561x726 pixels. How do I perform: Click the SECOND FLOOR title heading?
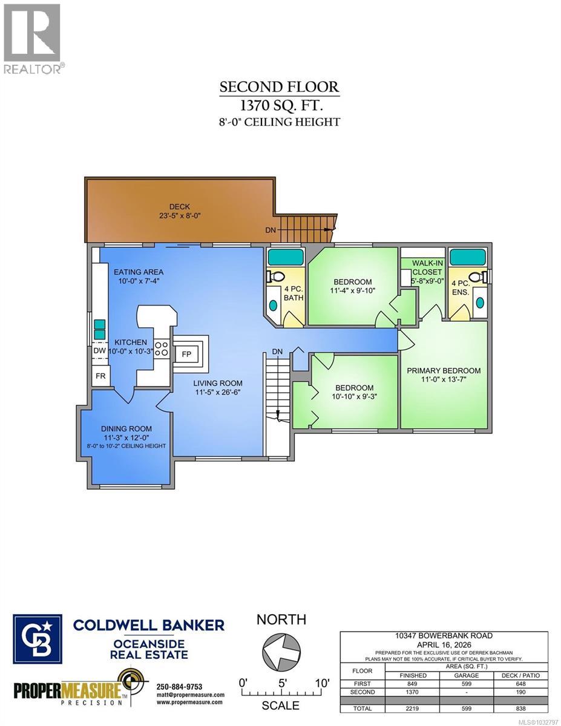pyautogui.click(x=279, y=87)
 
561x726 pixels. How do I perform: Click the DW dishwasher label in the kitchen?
pyautogui.click(x=100, y=350)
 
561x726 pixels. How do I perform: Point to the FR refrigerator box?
pyautogui.click(x=100, y=375)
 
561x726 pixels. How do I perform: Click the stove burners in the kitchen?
pyautogui.click(x=162, y=348)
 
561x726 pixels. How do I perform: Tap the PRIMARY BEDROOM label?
pyautogui.click(x=444, y=370)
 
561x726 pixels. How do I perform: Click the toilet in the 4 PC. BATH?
pyautogui.click(x=275, y=276)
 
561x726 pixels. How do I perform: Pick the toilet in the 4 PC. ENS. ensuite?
pyautogui.click(x=477, y=277)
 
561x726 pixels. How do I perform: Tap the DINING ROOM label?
pyautogui.click(x=126, y=428)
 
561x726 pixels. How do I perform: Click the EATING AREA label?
pyautogui.click(x=139, y=272)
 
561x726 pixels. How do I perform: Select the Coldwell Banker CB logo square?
pyautogui.click(x=38, y=639)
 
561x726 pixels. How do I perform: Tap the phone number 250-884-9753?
pyautogui.click(x=180, y=687)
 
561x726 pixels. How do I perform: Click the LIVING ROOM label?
pyautogui.click(x=218, y=383)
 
